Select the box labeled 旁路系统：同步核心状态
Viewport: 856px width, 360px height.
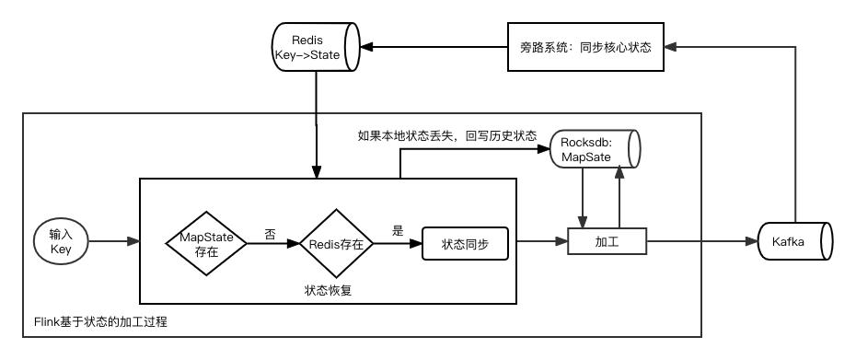(x=584, y=47)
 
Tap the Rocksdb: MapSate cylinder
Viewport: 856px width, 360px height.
(x=594, y=149)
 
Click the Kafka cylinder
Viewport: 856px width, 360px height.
(x=794, y=243)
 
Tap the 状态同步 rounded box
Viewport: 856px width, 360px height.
(x=465, y=244)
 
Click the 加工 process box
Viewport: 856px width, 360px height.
(x=607, y=243)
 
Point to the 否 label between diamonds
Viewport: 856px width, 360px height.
(x=270, y=234)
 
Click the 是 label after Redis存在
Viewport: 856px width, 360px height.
(x=398, y=231)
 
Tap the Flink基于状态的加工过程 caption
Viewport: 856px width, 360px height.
(x=97, y=322)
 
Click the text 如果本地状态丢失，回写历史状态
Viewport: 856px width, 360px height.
(x=446, y=135)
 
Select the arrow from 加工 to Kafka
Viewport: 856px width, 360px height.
(x=700, y=243)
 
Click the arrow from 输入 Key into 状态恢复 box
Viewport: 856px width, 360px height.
(x=115, y=243)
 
